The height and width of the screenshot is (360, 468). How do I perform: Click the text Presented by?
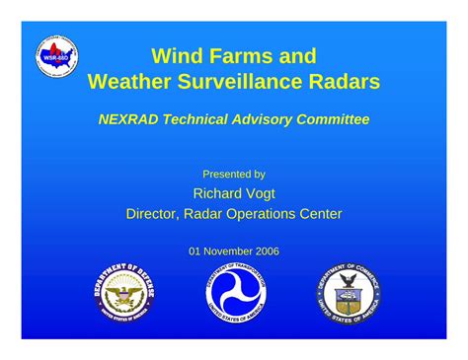234,174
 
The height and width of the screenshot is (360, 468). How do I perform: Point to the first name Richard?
219,193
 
